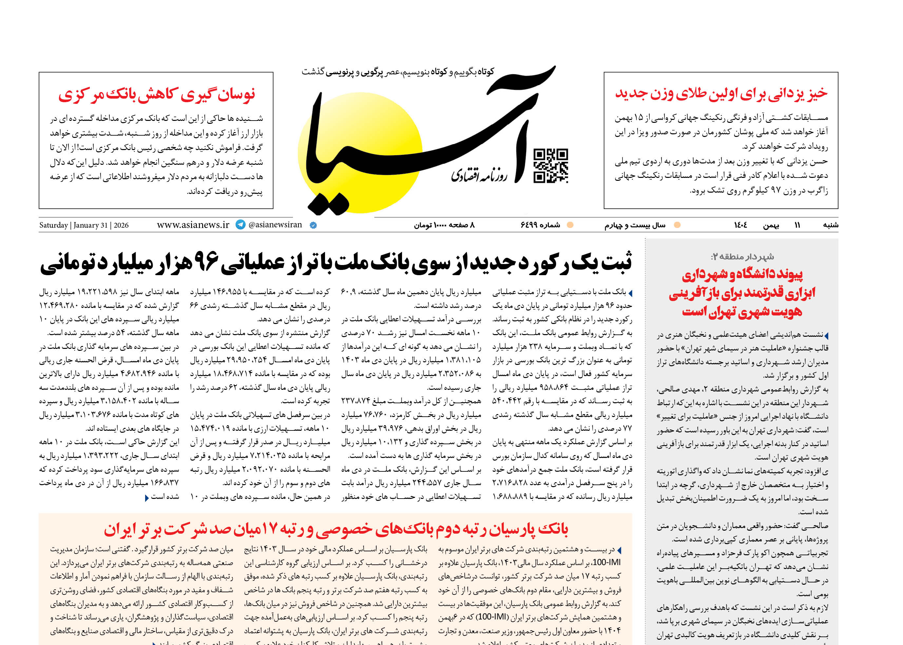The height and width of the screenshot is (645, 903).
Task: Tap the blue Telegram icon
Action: click(x=240, y=224)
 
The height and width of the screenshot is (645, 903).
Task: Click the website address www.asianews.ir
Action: click(x=193, y=225)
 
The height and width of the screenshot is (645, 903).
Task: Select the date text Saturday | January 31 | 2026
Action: click(x=84, y=225)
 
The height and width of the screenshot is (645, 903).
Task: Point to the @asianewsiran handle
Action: click(x=275, y=225)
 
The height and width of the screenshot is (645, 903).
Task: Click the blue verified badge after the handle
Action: click(x=313, y=225)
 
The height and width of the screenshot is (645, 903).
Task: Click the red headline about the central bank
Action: click(x=157, y=95)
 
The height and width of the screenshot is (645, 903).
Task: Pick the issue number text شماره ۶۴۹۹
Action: click(x=540, y=225)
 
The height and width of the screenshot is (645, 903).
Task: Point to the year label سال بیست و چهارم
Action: click(x=635, y=225)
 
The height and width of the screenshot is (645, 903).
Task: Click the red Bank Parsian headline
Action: click(x=336, y=529)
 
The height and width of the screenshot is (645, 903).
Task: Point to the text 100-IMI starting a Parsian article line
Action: click(x=606, y=563)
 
